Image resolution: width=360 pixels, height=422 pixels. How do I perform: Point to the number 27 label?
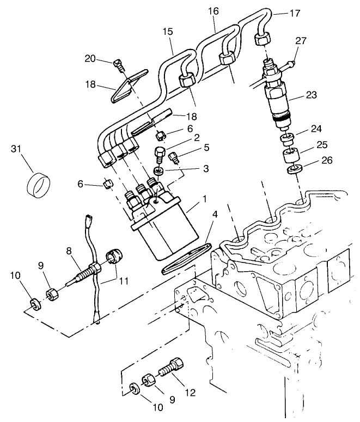pyautogui.click(x=301, y=41)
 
